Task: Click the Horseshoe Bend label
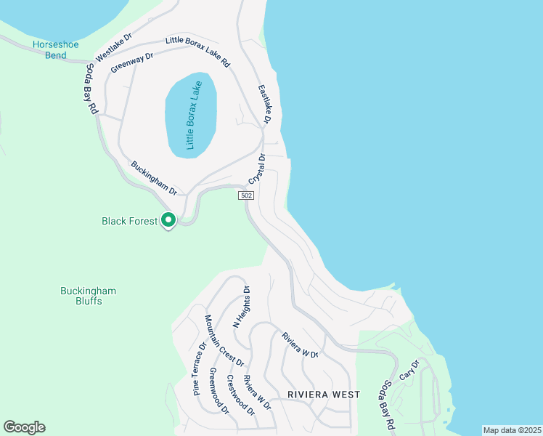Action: click(x=50, y=49)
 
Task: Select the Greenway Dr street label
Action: click(x=132, y=62)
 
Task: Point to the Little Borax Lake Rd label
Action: click(x=197, y=52)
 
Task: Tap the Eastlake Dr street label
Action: click(x=266, y=104)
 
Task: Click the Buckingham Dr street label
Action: click(x=154, y=177)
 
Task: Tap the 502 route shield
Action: click(x=246, y=196)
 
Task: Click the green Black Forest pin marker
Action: click(x=168, y=219)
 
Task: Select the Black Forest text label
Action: click(x=129, y=220)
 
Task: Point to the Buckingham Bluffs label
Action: click(x=88, y=296)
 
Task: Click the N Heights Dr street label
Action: click(x=240, y=305)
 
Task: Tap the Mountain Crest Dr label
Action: click(x=224, y=340)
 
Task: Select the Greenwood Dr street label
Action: click(x=219, y=391)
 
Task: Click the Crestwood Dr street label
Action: click(x=240, y=395)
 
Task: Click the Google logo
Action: click(x=24, y=427)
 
